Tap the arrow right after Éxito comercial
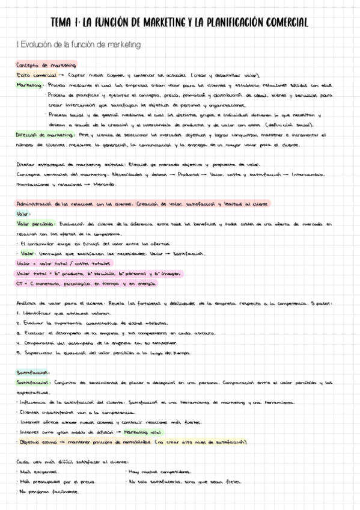click(x=61, y=75)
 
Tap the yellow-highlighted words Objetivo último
click(x=37, y=441)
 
